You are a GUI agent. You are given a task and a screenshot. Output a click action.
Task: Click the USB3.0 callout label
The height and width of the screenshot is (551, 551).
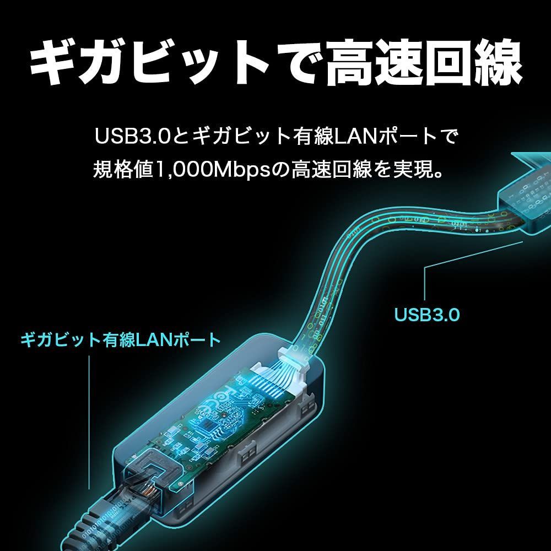click(x=426, y=315)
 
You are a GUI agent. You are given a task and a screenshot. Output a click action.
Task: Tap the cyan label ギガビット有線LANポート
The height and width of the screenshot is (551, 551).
click(x=121, y=340)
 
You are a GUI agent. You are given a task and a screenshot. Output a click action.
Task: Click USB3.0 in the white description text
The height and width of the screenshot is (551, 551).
click(x=133, y=136)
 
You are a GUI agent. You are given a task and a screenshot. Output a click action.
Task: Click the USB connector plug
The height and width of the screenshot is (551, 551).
click(x=523, y=197)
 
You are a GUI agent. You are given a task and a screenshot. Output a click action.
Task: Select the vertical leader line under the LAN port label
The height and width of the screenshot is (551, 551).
click(x=89, y=422)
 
